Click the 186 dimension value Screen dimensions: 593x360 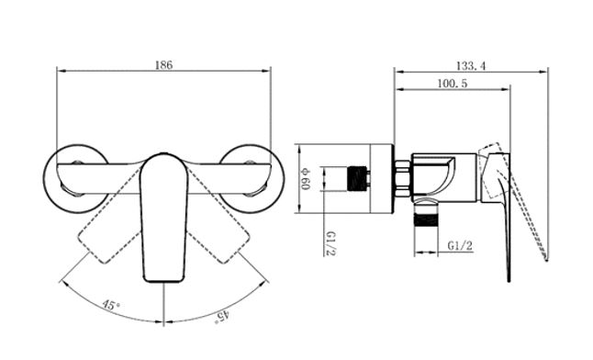[x=163, y=64]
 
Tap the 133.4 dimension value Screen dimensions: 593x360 [x=471, y=66]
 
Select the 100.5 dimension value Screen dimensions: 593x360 [x=453, y=84]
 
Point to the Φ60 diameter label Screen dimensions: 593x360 [x=306, y=179]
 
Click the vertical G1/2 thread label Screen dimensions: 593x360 [x=330, y=243]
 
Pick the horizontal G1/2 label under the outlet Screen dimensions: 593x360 [x=460, y=246]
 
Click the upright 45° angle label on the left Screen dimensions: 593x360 [x=110, y=304]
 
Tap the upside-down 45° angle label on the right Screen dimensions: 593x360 [x=222, y=316]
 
